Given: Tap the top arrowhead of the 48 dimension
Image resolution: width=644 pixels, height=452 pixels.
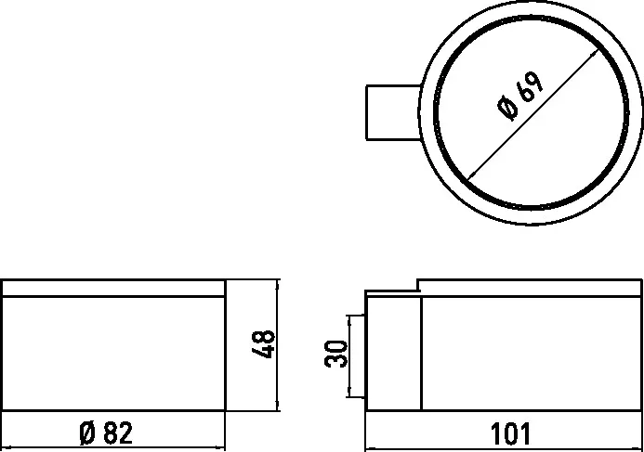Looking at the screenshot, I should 277,284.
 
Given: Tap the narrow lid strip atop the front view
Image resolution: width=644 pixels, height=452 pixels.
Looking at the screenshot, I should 112,288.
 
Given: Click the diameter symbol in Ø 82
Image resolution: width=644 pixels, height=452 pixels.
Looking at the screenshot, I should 88,433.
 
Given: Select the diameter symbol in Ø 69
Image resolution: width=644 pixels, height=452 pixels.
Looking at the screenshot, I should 507,110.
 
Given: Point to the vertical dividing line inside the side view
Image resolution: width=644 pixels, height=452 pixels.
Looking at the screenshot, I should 424,353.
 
